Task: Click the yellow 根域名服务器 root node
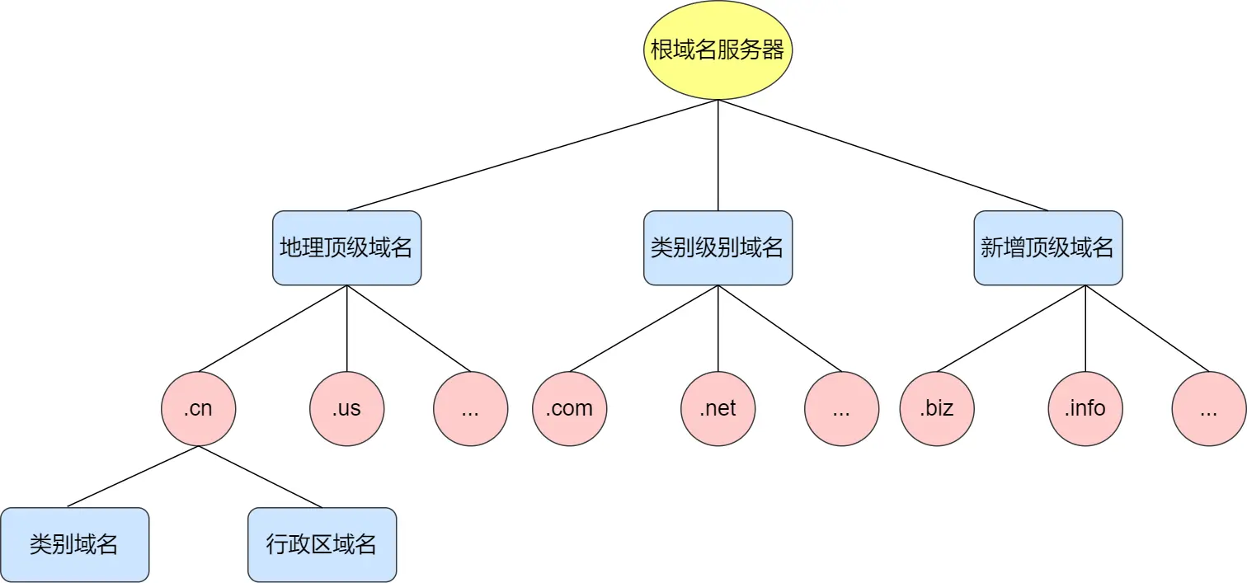point(718,50)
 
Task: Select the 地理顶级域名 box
point(346,248)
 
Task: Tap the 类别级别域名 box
point(718,248)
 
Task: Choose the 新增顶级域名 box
point(1047,248)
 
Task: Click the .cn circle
point(198,408)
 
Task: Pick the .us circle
point(346,408)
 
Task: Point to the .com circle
point(569,408)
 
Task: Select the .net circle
point(718,408)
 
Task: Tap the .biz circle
point(937,408)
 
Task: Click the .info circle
point(1085,408)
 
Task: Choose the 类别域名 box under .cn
point(74,544)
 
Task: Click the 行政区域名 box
point(322,544)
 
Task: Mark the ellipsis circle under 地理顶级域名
point(470,408)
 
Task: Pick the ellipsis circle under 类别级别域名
point(841,408)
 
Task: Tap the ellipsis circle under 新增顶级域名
point(1208,408)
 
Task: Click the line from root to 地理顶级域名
point(532,155)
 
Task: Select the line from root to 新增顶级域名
point(882,155)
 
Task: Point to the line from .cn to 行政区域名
point(260,477)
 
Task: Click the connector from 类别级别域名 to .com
point(643,328)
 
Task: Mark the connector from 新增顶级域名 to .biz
point(1010,328)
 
